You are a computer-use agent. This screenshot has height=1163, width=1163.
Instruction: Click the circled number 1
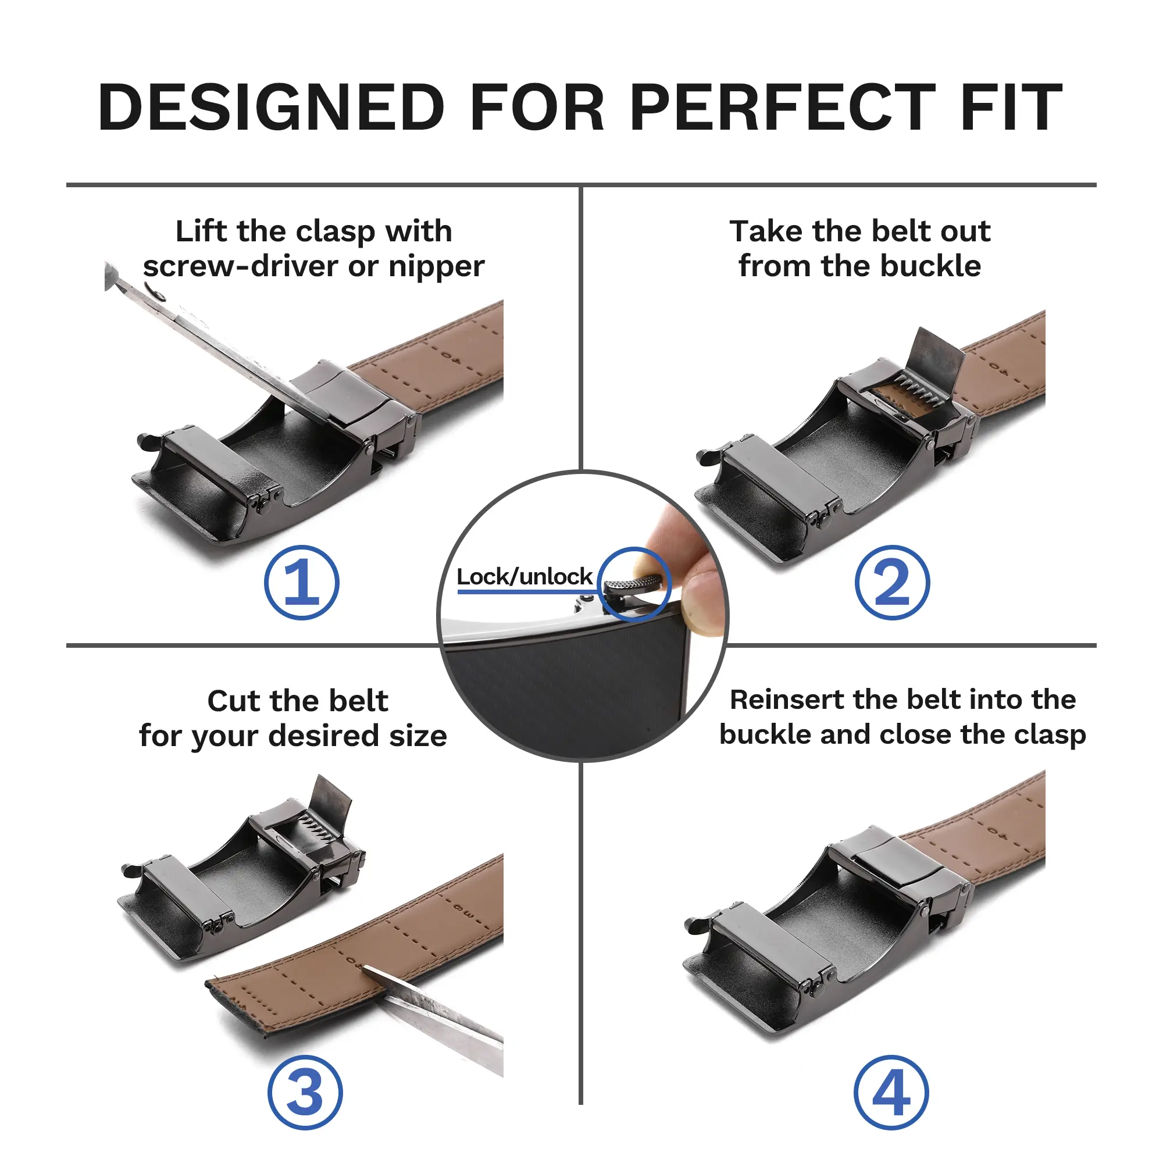[302, 582]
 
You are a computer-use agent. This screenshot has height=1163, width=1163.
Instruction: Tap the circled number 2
[892, 582]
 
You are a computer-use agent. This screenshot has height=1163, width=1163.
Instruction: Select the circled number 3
[305, 1093]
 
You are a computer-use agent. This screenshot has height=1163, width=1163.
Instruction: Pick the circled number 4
[891, 1093]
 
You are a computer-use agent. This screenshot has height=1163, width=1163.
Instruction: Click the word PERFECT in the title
[782, 107]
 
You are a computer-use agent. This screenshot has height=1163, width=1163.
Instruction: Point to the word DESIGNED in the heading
[271, 107]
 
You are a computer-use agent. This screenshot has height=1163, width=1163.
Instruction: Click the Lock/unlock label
[525, 577]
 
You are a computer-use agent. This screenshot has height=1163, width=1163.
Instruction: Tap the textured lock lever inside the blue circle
[633, 583]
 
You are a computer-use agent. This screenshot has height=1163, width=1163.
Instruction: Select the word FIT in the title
[1011, 107]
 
